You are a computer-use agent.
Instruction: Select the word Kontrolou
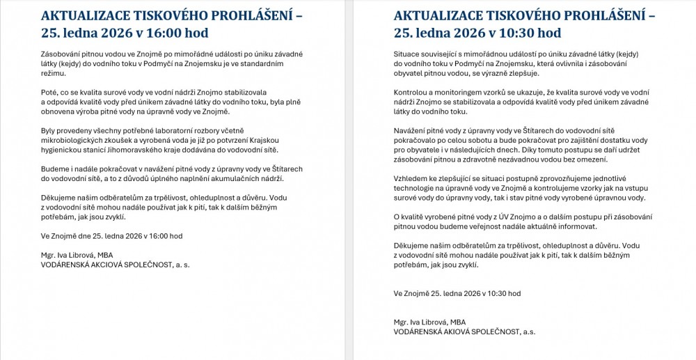[411, 93]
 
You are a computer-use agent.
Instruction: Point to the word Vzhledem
[411, 179]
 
